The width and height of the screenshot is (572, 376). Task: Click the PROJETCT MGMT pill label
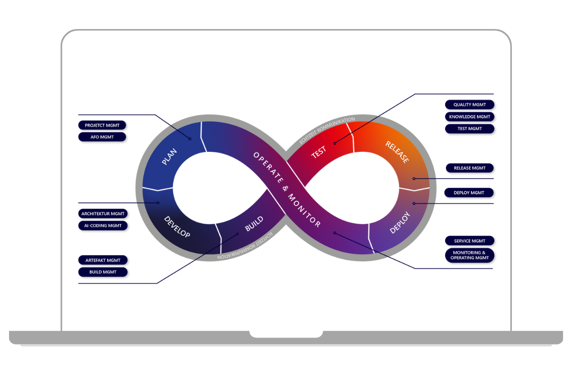pyautogui.click(x=102, y=125)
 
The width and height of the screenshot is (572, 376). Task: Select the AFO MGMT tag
pyautogui.click(x=102, y=137)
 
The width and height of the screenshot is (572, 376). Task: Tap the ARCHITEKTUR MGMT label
pyautogui.click(x=102, y=214)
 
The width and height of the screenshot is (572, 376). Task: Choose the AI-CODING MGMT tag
pyautogui.click(x=102, y=226)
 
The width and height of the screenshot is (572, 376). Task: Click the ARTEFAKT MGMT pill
pyautogui.click(x=102, y=260)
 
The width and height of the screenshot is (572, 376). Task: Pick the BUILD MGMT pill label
pyautogui.click(x=102, y=272)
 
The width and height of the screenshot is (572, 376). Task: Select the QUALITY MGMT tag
pyautogui.click(x=470, y=104)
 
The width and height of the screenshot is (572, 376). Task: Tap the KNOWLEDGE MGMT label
pyautogui.click(x=470, y=117)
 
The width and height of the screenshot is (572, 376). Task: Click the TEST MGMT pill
pyautogui.click(x=470, y=129)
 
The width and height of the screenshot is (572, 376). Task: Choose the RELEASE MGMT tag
pyautogui.click(x=470, y=168)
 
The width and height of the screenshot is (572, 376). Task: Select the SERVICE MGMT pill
pyautogui.click(x=470, y=240)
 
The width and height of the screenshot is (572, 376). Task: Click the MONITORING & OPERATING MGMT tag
pyautogui.click(x=470, y=255)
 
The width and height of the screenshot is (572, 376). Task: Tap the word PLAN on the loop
pyautogui.click(x=169, y=157)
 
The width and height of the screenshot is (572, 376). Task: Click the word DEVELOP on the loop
pyautogui.click(x=177, y=227)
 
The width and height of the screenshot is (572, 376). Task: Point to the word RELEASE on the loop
pyautogui.click(x=397, y=152)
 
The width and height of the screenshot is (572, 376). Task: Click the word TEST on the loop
pyautogui.click(x=318, y=152)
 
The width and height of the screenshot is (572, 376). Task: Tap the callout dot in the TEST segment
pyautogui.click(x=335, y=143)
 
